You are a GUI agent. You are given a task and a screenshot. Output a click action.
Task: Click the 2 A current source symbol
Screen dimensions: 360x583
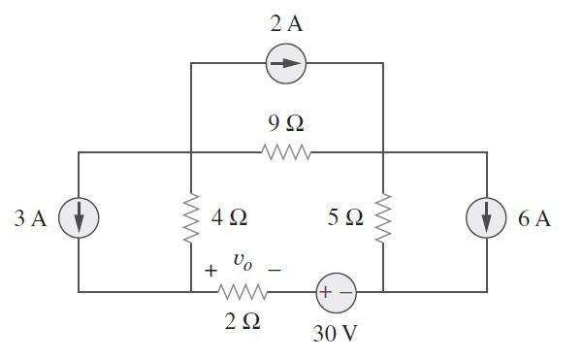click(286, 64)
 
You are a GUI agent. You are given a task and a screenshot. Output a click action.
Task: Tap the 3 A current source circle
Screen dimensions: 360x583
click(79, 219)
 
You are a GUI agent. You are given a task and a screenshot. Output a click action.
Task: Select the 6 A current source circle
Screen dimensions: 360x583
click(487, 219)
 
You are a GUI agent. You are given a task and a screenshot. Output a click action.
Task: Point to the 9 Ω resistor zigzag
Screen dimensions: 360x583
click(286, 152)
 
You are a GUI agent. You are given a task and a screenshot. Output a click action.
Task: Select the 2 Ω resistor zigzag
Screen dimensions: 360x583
click(243, 292)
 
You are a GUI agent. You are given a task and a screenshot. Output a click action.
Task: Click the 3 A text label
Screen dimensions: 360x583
click(31, 219)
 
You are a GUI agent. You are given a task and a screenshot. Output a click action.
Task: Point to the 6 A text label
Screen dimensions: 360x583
click(534, 219)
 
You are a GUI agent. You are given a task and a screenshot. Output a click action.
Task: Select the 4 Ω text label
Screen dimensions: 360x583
click(230, 219)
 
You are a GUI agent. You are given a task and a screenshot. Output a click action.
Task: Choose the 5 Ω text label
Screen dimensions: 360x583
click(345, 219)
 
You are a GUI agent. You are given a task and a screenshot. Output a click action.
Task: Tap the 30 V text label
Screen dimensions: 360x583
click(335, 334)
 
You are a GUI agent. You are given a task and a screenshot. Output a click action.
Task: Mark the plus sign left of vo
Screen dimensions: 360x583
click(211, 272)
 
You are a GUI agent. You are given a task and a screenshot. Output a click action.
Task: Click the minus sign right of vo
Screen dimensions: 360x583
click(275, 272)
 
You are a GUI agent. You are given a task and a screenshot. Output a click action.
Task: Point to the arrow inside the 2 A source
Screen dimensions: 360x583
click(286, 64)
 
